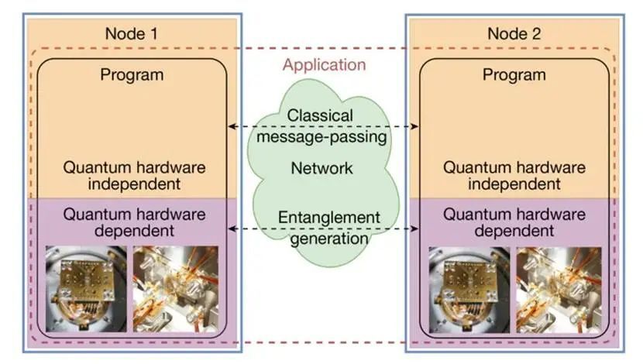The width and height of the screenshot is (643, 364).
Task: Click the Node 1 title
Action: click(132, 34)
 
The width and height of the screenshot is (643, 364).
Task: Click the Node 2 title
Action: click(514, 34)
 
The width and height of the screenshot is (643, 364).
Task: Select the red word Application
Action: click(324, 64)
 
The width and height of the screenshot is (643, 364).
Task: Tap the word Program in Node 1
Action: click(132, 75)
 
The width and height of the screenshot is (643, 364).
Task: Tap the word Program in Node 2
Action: click(514, 75)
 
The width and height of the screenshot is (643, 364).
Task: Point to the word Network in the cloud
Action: click(321, 168)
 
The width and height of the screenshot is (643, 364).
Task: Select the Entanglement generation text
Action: click(324, 228)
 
